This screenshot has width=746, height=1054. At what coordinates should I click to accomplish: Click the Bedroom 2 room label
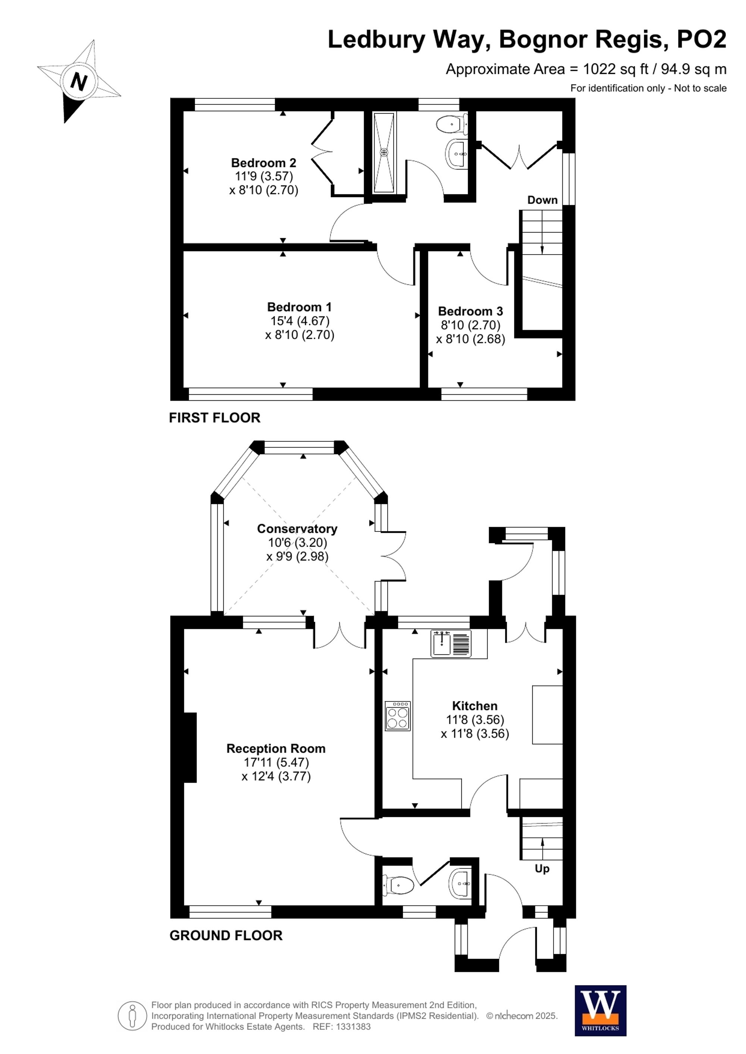pyautogui.click(x=263, y=163)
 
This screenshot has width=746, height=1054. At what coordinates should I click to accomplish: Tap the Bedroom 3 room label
pyautogui.click(x=470, y=311)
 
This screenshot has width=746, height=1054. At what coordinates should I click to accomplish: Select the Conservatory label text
pyautogui.click(x=297, y=529)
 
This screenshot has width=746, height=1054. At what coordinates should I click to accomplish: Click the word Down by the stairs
pyautogui.click(x=542, y=200)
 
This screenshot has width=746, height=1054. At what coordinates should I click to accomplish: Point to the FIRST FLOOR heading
pyautogui.click(x=214, y=418)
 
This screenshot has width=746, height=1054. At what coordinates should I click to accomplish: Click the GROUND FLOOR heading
pyautogui.click(x=226, y=935)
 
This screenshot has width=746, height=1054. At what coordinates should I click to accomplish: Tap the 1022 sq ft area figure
pyautogui.click(x=615, y=69)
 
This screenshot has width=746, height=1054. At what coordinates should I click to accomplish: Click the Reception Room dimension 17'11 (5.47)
pyautogui.click(x=276, y=763)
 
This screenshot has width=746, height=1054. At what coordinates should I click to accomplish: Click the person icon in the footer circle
pyautogui.click(x=132, y=1016)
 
